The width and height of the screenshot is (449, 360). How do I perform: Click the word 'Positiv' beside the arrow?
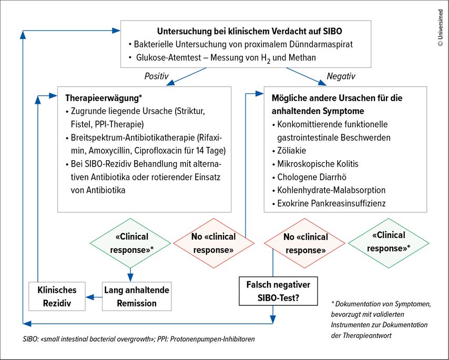pos(156,76)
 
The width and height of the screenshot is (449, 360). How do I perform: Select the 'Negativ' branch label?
pos(341,76)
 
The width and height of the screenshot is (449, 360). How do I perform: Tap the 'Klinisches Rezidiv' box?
pos(57,296)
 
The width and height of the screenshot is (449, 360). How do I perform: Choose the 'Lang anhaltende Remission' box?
pos(137,296)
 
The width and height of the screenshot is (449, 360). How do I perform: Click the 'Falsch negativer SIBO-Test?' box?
pos(278,291)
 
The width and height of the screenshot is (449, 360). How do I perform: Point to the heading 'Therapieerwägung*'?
pos(104,98)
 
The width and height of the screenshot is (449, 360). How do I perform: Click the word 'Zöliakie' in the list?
pos(291,150)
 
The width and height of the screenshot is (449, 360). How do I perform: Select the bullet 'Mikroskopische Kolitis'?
pos(315,164)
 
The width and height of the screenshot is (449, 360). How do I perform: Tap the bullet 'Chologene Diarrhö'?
pos(309,177)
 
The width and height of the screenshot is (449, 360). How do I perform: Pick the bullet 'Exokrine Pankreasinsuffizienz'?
pos(329,203)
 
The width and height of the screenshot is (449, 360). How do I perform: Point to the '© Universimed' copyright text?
pos(441,28)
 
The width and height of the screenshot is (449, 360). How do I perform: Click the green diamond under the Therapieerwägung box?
pos(130,243)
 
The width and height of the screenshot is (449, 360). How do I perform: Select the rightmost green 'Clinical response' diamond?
pos(389,243)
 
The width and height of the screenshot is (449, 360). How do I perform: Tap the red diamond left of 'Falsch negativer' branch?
pos(213,243)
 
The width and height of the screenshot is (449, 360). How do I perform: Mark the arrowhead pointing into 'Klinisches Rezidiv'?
pos(89,297)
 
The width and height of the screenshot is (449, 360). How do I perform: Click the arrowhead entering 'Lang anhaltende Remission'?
pos(130,277)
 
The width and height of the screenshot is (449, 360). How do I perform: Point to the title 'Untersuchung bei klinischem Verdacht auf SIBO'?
pos(250,31)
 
